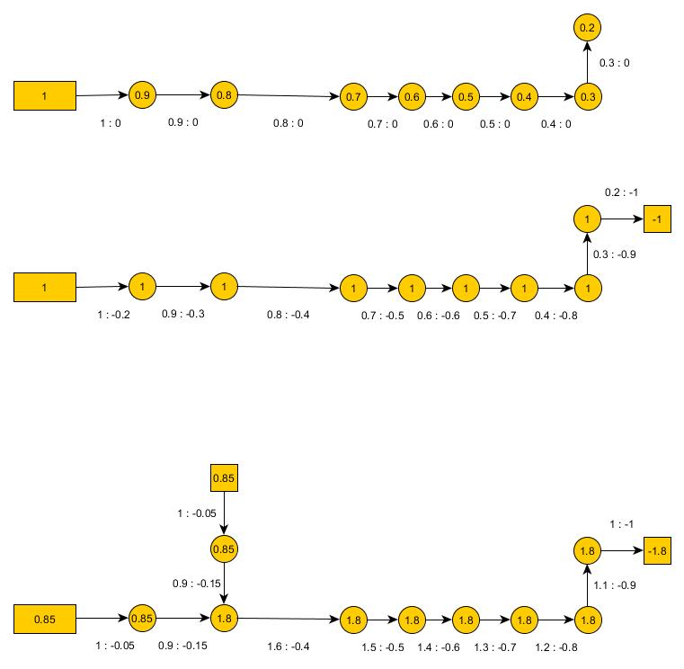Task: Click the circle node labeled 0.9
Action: pyautogui.click(x=142, y=94)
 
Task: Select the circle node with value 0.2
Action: pyautogui.click(x=587, y=29)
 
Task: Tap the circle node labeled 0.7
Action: pyautogui.click(x=354, y=96)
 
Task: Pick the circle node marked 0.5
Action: pyautogui.click(x=466, y=96)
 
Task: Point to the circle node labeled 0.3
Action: pyautogui.click(x=587, y=96)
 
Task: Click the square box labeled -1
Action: pyautogui.click(x=657, y=219)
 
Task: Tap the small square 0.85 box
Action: pyautogui.click(x=224, y=477)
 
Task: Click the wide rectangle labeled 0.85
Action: pyautogui.click(x=44, y=619)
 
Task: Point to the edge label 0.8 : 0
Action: pyautogui.click(x=289, y=123)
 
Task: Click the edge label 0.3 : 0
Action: pyautogui.click(x=614, y=63)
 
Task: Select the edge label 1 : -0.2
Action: pyautogui.click(x=113, y=315)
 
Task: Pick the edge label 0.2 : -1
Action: pyautogui.click(x=620, y=192)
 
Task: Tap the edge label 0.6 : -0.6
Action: pyautogui.click(x=438, y=316)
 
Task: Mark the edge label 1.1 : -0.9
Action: pyautogui.click(x=615, y=586)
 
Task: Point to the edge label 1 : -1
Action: pyautogui.click(x=622, y=523)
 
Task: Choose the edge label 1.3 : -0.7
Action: pyautogui.click(x=494, y=647)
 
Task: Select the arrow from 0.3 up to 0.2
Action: pyautogui.click(x=587, y=63)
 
